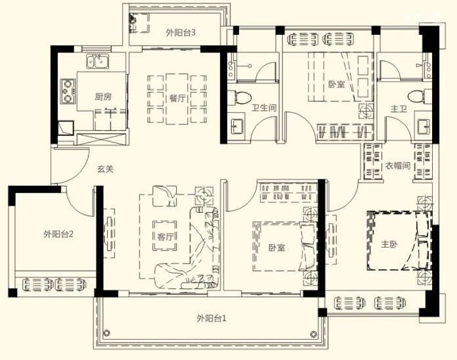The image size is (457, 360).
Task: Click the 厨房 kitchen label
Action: point(103,97)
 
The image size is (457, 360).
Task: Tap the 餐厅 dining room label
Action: point(177,99)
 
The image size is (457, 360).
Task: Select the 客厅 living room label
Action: point(165,236)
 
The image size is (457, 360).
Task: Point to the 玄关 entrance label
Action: point(105,169)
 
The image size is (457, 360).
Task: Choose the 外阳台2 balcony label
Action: point(58,234)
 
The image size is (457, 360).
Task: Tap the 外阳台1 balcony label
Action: point(211,318)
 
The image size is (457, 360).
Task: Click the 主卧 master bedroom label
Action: point(389,244)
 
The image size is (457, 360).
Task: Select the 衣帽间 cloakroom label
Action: point(397,166)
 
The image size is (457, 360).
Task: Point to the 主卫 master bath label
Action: point(399,109)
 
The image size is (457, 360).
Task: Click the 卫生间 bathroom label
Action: point(264,108)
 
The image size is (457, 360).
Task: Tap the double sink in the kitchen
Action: point(97,62)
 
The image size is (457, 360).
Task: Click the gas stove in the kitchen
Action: point(68,91)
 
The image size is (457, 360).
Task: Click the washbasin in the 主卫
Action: point(424,127)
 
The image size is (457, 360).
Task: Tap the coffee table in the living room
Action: point(165,236)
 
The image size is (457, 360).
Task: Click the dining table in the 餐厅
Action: point(177,99)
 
